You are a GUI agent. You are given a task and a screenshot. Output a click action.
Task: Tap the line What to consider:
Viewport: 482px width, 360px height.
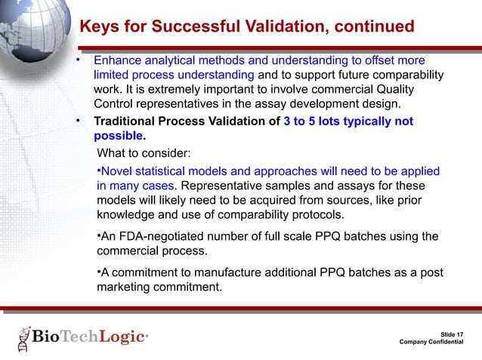(144, 154)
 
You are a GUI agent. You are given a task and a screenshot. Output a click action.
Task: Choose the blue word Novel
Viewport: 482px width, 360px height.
(116, 171)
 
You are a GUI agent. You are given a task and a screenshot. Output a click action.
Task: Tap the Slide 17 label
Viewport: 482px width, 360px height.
(452, 333)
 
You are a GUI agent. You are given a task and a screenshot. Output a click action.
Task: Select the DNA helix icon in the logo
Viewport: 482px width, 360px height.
(23, 339)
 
